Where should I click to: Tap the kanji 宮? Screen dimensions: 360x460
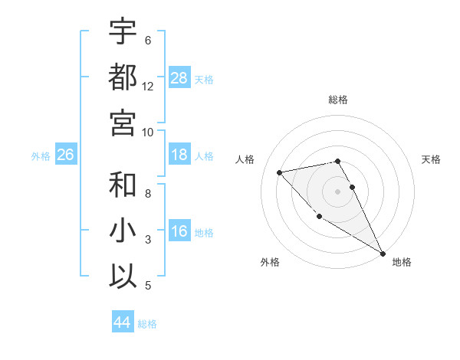(x=123, y=122)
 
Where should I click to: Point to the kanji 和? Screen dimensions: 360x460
(x=123, y=185)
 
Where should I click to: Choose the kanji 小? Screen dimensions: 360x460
(x=123, y=230)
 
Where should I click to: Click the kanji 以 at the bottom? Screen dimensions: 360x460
(x=123, y=276)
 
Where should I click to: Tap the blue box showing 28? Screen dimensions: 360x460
(x=179, y=77)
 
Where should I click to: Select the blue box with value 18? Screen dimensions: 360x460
(x=179, y=155)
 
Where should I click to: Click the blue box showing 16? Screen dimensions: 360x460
(x=179, y=232)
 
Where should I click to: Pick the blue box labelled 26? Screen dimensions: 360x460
(x=65, y=155)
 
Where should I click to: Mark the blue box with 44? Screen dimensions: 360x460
(x=122, y=323)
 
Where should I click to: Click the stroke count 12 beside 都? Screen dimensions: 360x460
(x=148, y=86)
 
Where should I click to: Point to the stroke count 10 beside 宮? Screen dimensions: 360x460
(x=148, y=132)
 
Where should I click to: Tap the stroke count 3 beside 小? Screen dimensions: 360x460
(x=148, y=240)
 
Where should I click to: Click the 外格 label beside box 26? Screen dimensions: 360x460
(x=41, y=156)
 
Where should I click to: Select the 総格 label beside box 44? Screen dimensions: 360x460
(x=147, y=324)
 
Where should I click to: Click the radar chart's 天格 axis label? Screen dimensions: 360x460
(x=431, y=159)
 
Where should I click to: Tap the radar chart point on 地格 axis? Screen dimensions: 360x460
(x=383, y=254)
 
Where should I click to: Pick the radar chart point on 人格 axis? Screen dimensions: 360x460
(x=280, y=172)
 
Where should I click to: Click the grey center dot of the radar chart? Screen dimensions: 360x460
(x=337, y=191)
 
